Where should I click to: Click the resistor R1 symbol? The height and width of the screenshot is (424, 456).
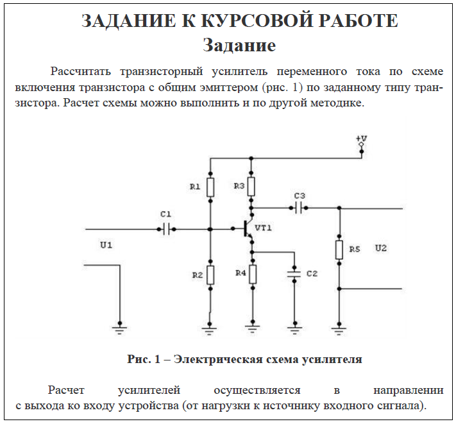210,187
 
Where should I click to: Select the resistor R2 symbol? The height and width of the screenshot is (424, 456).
210,275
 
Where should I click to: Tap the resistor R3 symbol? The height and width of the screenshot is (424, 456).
251,187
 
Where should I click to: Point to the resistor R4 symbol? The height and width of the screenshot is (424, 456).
253,274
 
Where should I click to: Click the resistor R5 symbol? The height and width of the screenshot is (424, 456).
339,250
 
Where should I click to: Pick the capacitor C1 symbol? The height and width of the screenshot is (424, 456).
166,229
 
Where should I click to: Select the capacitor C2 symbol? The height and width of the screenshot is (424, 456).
294,273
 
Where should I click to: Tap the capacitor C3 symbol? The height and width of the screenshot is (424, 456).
300,208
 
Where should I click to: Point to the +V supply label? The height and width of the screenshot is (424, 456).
361,139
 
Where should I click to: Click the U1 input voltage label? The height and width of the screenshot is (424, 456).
106,244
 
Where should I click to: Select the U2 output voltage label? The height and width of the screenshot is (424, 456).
381,248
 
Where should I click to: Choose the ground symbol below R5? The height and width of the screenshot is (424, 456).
339,330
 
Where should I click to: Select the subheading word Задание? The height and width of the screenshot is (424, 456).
239,46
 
